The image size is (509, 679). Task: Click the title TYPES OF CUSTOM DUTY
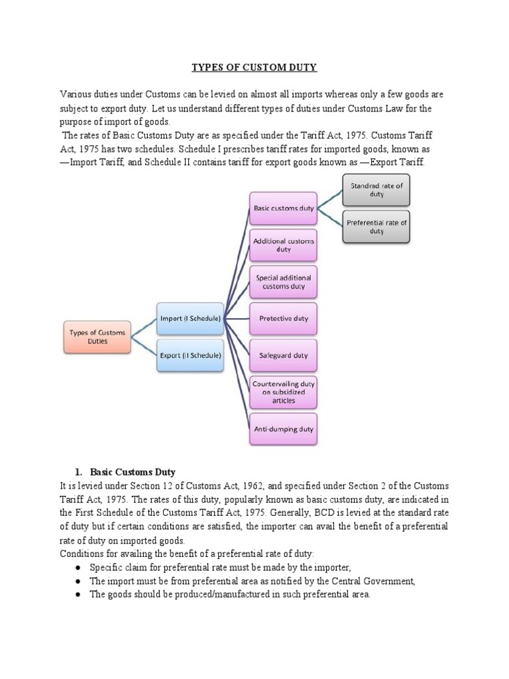point(254,67)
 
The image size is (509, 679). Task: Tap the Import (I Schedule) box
point(190,319)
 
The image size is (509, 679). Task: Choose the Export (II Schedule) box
point(190,355)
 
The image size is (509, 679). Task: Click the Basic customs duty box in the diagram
point(283,208)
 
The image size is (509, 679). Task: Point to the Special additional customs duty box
point(283,282)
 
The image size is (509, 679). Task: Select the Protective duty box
point(283,319)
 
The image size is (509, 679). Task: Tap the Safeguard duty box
point(283,355)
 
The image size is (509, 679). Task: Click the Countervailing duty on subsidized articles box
point(283,392)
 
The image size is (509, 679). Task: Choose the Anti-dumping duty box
point(283,429)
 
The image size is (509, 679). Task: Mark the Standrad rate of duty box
point(376,190)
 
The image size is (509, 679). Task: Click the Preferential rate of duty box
point(376,227)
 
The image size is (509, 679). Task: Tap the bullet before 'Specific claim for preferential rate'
point(78,568)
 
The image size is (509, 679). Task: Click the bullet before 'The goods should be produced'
point(78,595)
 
